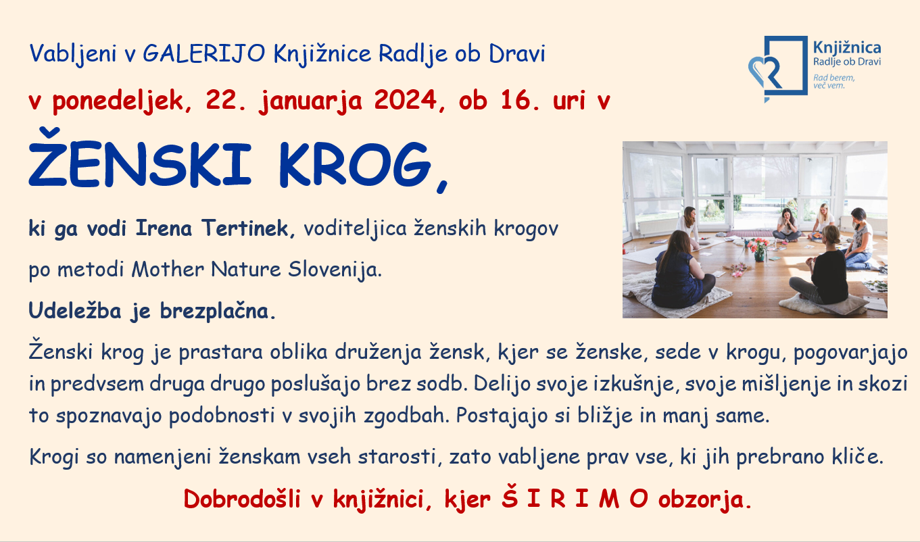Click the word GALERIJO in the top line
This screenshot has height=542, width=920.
tap(204, 53)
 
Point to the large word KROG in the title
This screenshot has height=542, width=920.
tap(356, 164)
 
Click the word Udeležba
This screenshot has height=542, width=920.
tap(75, 310)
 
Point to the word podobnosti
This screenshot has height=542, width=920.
tap(221, 416)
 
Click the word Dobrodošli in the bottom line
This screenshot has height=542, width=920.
tap(242, 499)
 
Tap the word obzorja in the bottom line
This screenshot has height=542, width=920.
tap(701, 500)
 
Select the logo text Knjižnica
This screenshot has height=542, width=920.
tap(847, 49)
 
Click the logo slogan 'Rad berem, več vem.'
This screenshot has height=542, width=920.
tap(833, 81)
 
